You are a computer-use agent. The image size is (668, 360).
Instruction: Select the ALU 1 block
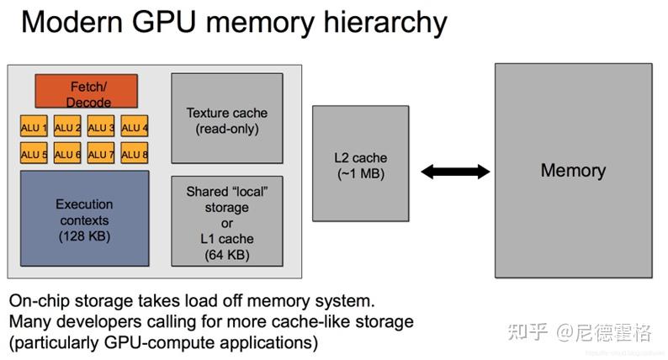34,127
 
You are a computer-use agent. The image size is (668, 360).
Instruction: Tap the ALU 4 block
135,127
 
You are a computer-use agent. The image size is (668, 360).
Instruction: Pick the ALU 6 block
67,154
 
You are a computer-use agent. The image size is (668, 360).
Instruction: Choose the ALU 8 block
135,154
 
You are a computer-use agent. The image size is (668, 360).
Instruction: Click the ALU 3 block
101,127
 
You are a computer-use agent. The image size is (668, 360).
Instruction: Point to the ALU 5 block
34,154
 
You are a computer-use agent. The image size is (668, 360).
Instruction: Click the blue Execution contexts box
83,220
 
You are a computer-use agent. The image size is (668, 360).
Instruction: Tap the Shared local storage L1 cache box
227,223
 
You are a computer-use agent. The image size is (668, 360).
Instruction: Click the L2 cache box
360,165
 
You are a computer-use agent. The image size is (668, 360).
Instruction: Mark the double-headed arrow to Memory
455,172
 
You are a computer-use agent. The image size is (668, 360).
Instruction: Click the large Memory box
572,171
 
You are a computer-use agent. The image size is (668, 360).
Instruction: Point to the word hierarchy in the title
390,22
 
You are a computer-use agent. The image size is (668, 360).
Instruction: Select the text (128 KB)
83,236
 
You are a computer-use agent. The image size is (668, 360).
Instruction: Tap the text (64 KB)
227,254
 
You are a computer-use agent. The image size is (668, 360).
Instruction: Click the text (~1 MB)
360,174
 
